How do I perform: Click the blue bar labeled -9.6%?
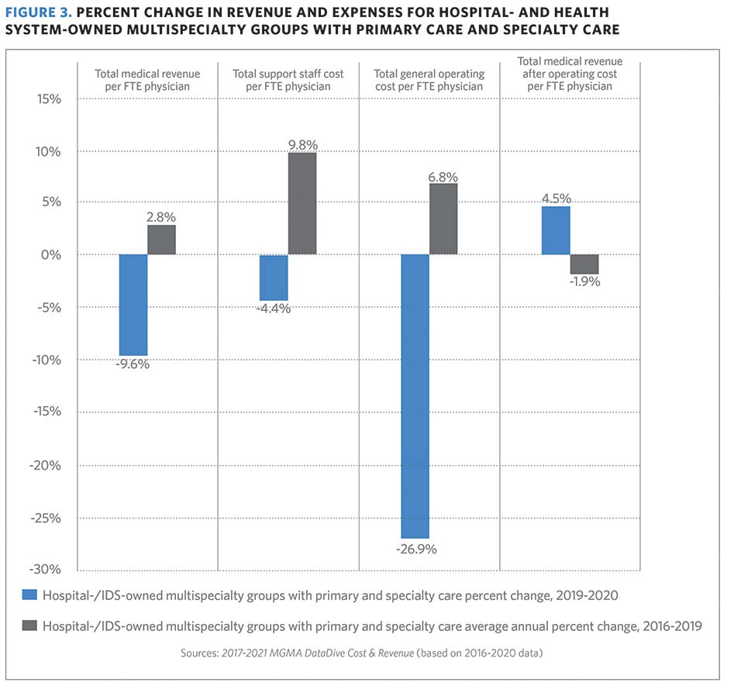[x=133, y=305]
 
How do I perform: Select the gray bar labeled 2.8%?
[x=161, y=240]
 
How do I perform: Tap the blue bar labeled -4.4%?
[x=274, y=278]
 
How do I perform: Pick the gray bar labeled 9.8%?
[x=302, y=204]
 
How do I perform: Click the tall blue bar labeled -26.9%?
[x=415, y=396]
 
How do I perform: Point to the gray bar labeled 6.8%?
[x=443, y=219]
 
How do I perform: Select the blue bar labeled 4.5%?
[x=556, y=230]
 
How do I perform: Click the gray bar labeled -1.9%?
[x=584, y=264]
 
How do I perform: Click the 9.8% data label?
[x=302, y=145]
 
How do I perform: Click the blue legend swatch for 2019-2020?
[x=29, y=596]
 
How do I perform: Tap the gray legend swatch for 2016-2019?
[x=29, y=626]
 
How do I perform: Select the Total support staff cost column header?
[x=288, y=80]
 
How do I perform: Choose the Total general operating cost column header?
[x=429, y=80]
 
